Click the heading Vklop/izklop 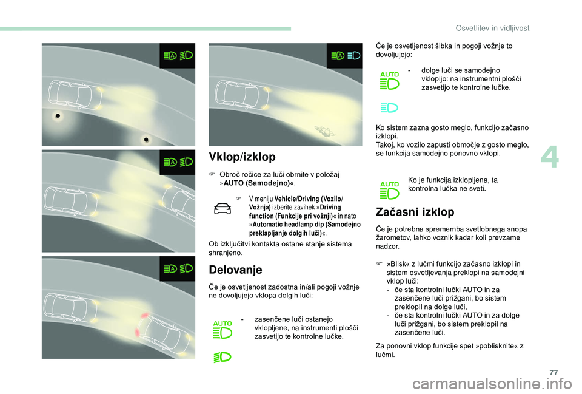pyautogui.click(x=242, y=157)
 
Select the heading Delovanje pyautogui.click(x=235, y=270)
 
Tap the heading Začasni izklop pyautogui.click(x=415, y=212)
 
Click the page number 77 pyautogui.click(x=554, y=373)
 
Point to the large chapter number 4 pyautogui.click(x=550, y=158)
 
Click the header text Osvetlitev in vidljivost pyautogui.click(x=492, y=29)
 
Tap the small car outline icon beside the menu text pyautogui.click(x=222, y=209)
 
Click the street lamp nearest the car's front pyautogui.click(x=58, y=115)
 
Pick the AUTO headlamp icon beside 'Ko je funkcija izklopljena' pyautogui.click(x=389, y=190)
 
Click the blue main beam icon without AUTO pyautogui.click(x=389, y=108)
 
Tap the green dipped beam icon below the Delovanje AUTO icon pyautogui.click(x=222, y=357)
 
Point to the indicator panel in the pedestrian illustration pyautogui.click(x=344, y=56)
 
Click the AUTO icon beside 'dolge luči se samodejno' pyautogui.click(x=389, y=80)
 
